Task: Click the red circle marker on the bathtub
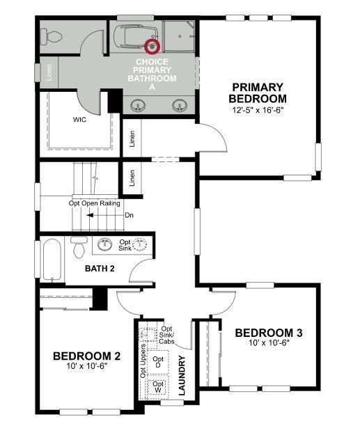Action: point(152,47)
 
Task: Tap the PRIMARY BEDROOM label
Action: point(258,93)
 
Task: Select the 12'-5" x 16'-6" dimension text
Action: point(258,110)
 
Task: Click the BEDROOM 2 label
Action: point(87,356)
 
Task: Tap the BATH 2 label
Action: point(100,269)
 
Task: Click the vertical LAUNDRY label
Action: point(182,376)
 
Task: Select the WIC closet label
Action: point(79,120)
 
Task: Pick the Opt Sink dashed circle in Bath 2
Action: point(141,244)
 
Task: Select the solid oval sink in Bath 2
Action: point(107,244)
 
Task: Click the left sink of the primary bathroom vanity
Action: point(136,106)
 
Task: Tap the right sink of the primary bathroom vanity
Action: point(180,106)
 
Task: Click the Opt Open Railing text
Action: point(94,203)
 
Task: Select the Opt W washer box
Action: point(158,386)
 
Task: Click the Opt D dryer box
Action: point(158,362)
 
